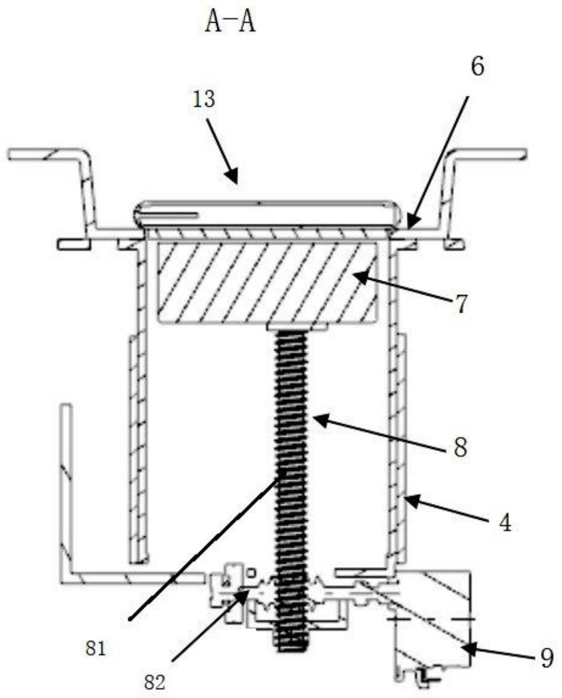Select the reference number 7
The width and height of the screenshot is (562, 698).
coord(462,305)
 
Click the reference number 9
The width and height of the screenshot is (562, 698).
coord(546,658)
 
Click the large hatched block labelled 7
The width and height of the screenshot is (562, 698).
coord(266,283)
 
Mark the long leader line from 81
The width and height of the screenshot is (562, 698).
coord(204,546)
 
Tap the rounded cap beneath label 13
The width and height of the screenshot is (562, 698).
coord(266,213)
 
